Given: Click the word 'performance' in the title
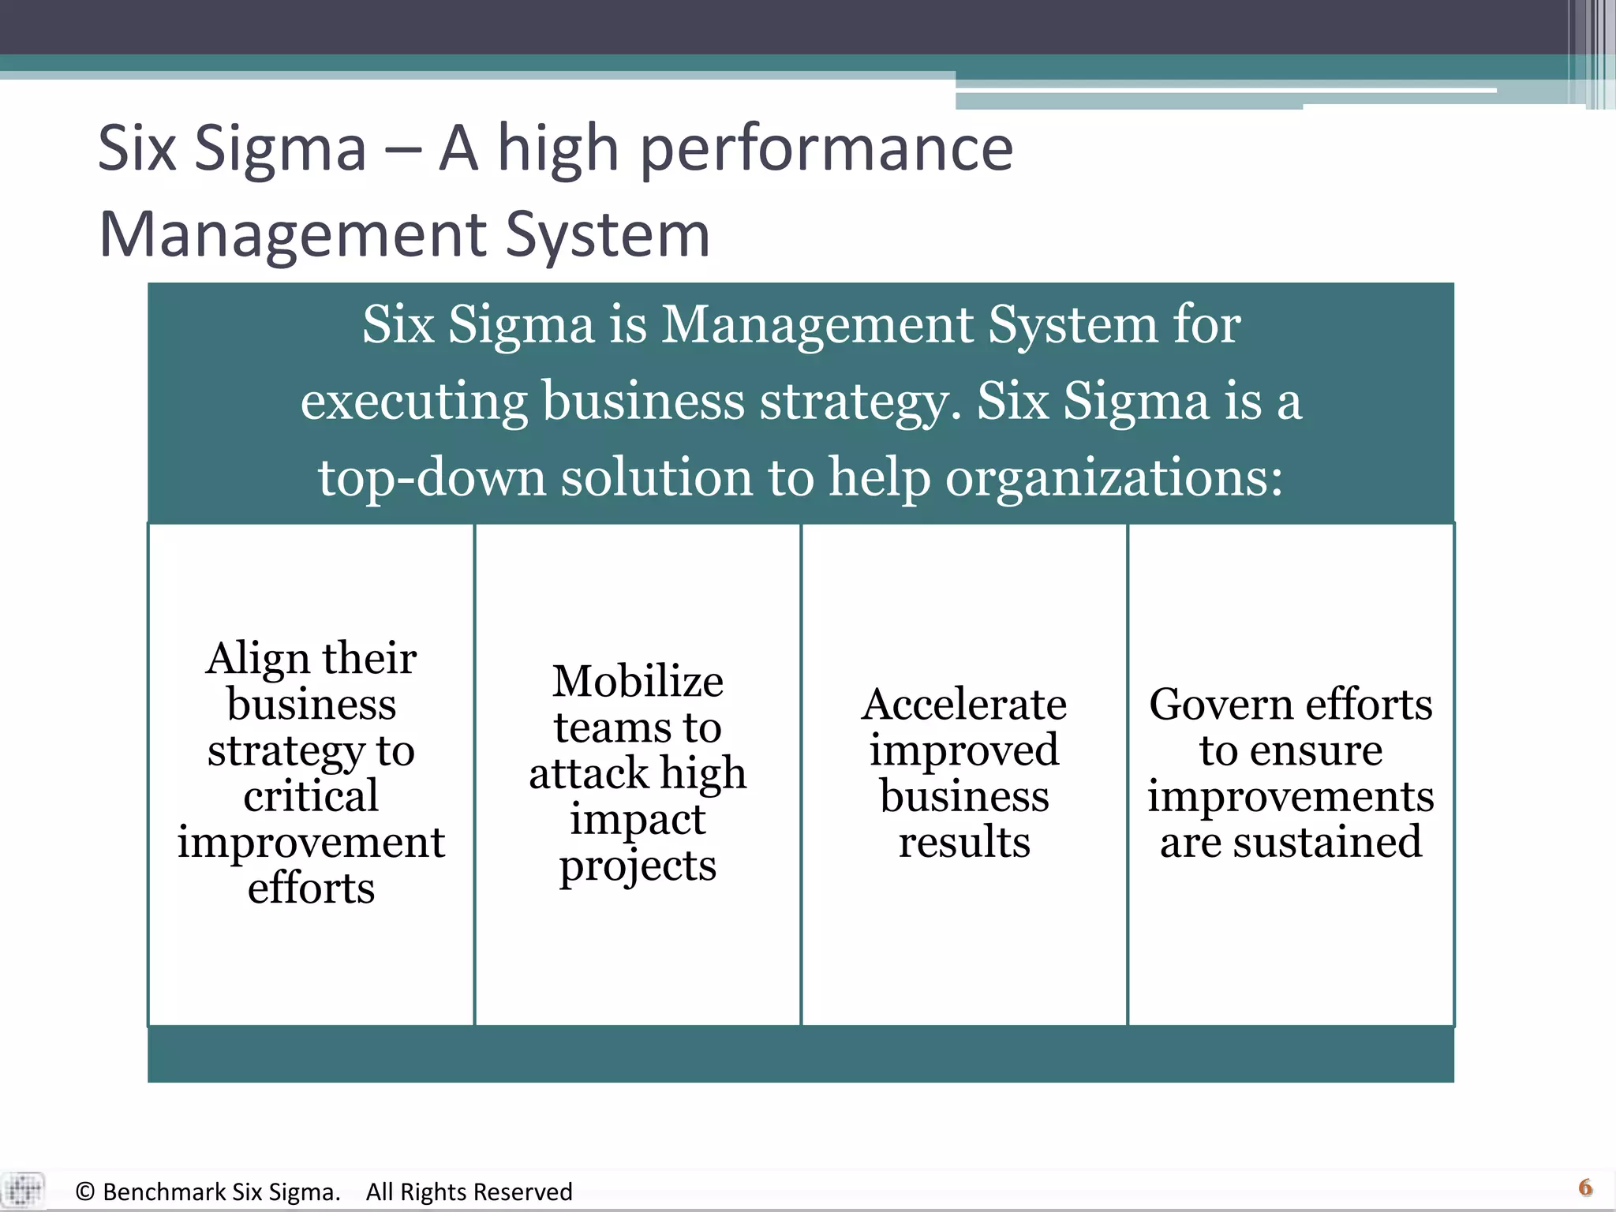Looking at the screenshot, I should pyautogui.click(x=826, y=150).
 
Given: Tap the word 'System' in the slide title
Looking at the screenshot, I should pyautogui.click(x=608, y=235).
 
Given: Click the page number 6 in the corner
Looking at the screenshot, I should pyautogui.click(x=1585, y=1188).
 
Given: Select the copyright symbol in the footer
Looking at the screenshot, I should pyautogui.click(x=85, y=1192).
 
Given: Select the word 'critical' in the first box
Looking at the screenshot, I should pyautogui.click(x=311, y=796).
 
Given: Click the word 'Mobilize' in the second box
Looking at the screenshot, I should pyautogui.click(x=638, y=682).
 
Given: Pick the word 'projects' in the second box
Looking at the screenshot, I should pyautogui.click(x=638, y=867).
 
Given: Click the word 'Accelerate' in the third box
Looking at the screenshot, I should pyautogui.click(x=964, y=705).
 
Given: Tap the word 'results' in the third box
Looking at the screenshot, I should pyautogui.click(x=964, y=843).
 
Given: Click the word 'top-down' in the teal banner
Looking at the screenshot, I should pyautogui.click(x=432, y=478).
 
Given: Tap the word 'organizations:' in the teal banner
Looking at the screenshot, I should pyautogui.click(x=1114, y=478).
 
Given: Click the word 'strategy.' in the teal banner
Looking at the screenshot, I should pyautogui.click(x=860, y=402).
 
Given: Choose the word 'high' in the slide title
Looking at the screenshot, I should pyautogui.click(x=558, y=150).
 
